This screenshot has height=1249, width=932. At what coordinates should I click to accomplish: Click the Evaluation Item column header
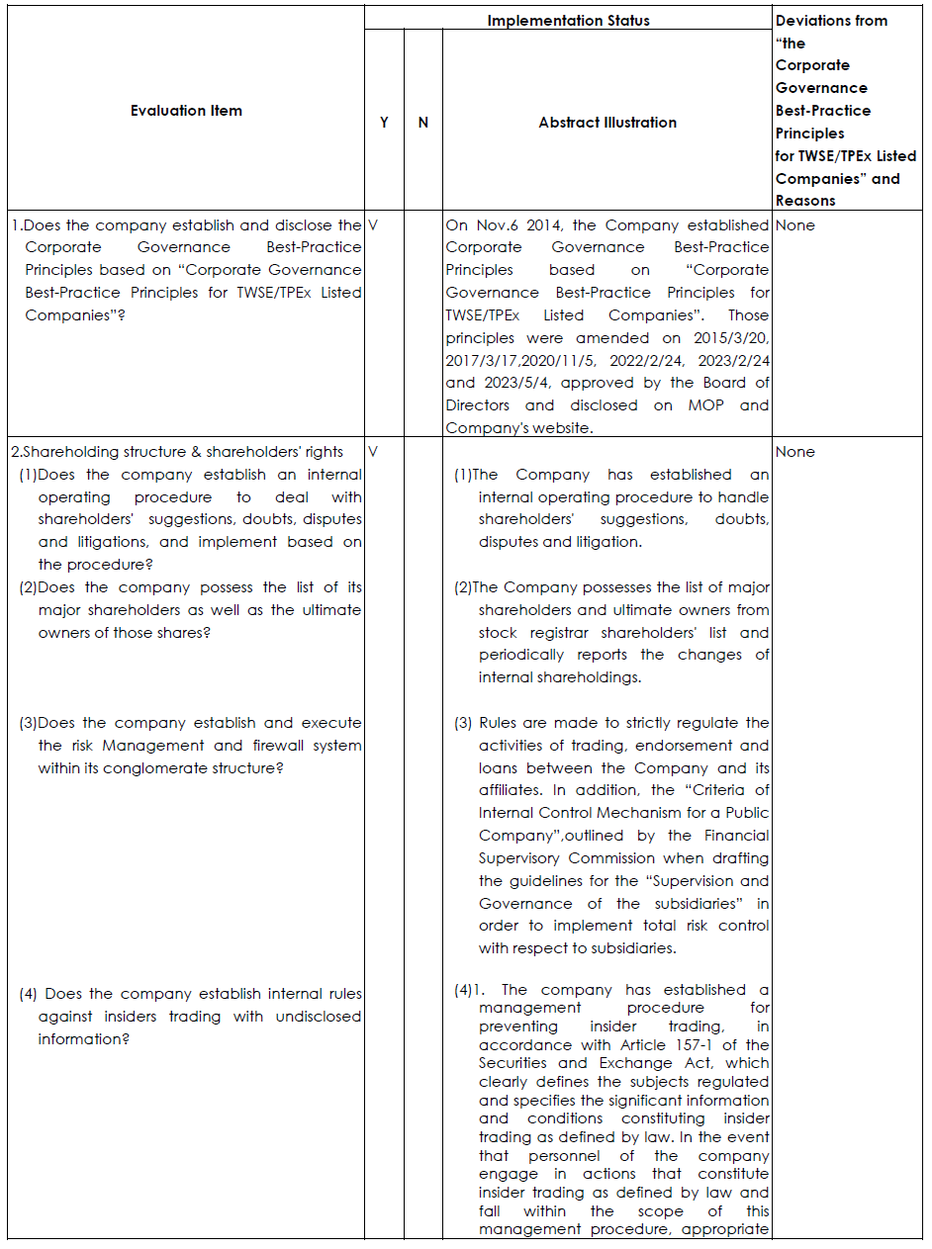click(x=186, y=111)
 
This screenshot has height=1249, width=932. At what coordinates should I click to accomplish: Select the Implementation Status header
click(x=568, y=20)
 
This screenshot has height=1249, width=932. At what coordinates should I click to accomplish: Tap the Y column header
click(x=384, y=123)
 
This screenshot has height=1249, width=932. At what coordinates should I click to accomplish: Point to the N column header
click(x=423, y=123)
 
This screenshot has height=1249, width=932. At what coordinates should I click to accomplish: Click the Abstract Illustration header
click(x=607, y=123)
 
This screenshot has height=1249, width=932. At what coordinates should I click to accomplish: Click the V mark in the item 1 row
click(x=373, y=224)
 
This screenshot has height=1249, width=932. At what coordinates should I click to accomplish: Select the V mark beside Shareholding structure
click(x=373, y=452)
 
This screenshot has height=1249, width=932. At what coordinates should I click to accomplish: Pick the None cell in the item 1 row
click(x=795, y=224)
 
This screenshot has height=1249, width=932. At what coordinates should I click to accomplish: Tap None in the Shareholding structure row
click(x=795, y=452)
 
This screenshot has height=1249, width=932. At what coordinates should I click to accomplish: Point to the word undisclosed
click(x=319, y=1017)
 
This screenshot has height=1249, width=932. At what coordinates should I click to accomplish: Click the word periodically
click(x=521, y=655)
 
